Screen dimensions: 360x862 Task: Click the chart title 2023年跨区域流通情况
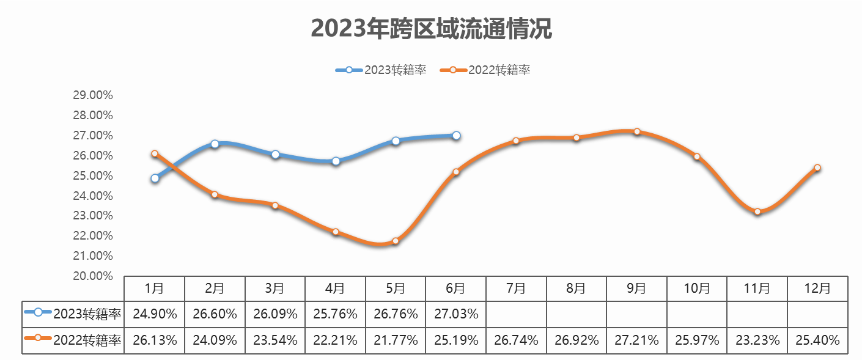(x=431, y=29)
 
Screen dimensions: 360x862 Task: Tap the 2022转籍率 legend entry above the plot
(x=485, y=70)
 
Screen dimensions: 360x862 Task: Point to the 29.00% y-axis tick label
(x=93, y=95)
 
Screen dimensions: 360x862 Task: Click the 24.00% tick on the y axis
(x=93, y=196)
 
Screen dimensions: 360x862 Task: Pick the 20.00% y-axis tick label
(x=93, y=276)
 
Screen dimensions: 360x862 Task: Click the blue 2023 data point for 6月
(x=456, y=136)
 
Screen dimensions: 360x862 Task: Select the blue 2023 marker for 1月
(x=155, y=178)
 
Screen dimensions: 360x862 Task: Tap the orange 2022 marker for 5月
(x=396, y=241)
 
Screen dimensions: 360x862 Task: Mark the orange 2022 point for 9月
(x=636, y=131)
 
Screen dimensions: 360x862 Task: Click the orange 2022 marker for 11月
(x=757, y=211)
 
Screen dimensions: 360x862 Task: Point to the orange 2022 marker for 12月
(x=817, y=167)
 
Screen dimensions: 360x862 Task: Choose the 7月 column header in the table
(x=516, y=288)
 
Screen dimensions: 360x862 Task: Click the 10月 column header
(x=697, y=288)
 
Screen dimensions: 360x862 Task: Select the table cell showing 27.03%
(x=456, y=314)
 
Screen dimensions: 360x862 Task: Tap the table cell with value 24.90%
(x=155, y=314)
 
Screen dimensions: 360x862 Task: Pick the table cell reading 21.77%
(x=396, y=340)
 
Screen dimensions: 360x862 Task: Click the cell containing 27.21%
(x=636, y=340)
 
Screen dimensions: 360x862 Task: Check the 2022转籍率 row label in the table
(x=73, y=340)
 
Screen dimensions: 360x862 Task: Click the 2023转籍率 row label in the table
(x=73, y=314)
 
